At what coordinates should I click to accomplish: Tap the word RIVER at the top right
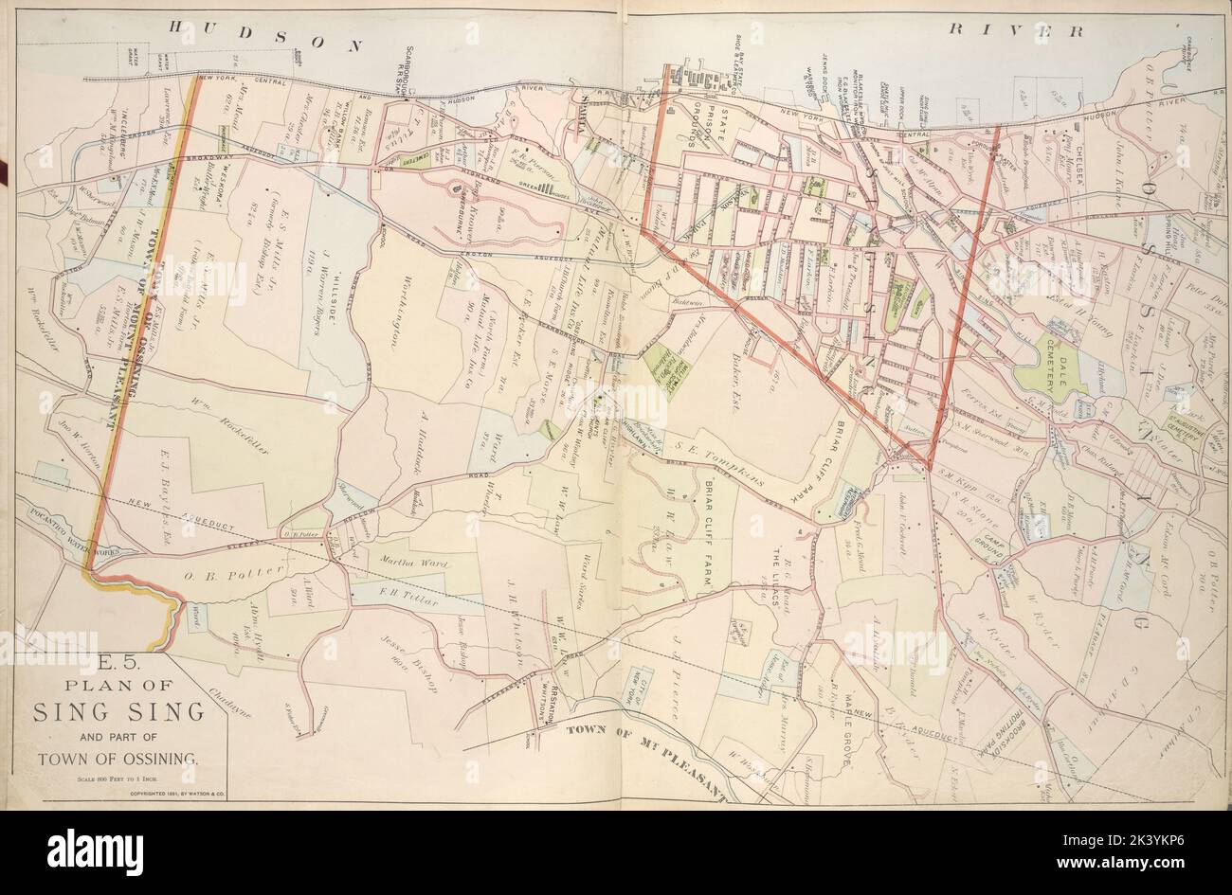1016,30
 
